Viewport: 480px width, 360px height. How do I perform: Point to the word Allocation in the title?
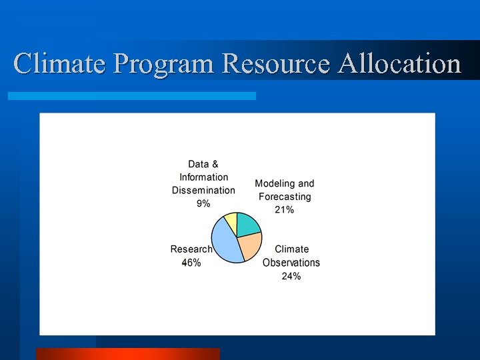point(400,64)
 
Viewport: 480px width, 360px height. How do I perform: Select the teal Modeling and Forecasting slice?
point(248,225)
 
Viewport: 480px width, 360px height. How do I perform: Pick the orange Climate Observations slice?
point(249,247)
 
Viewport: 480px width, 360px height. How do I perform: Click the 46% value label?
point(191,263)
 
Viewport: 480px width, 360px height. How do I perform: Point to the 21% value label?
point(284,210)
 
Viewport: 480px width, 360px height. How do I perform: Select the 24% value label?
point(291,276)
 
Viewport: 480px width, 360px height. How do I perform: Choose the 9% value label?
point(203,203)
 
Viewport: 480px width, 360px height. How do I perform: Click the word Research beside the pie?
point(191,249)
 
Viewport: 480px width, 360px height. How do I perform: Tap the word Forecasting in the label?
point(285,197)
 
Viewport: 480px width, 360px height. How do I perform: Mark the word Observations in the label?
point(291,263)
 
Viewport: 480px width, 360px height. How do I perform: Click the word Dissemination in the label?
point(203,190)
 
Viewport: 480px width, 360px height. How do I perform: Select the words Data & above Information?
point(203,164)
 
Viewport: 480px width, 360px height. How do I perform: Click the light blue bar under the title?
point(131,96)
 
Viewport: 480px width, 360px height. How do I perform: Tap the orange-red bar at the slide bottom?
point(127,354)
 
